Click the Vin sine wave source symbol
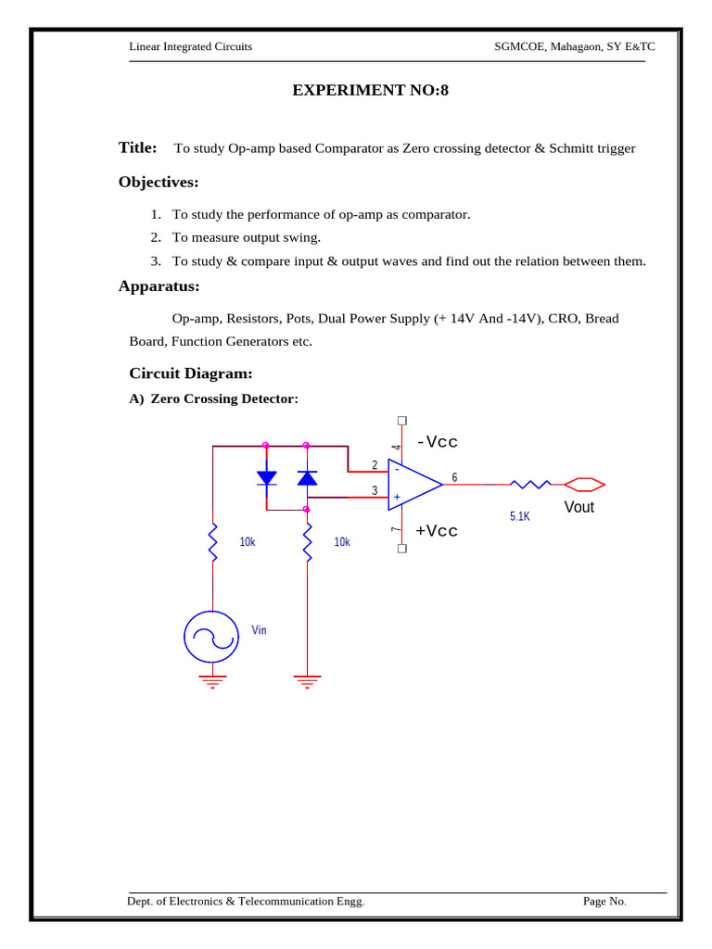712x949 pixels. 213,637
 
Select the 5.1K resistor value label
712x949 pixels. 519,516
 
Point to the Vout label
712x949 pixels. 579,508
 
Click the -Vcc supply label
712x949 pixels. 438,441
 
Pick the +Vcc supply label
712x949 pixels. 437,531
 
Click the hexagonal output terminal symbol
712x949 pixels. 585,484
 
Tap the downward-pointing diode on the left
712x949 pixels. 266,478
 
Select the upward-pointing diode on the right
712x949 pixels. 307,478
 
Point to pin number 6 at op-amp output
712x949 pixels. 454,477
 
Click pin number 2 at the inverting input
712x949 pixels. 375,464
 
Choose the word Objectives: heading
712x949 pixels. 159,182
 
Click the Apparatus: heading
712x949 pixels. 159,285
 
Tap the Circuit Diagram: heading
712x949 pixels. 190,373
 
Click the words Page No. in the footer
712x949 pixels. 604,901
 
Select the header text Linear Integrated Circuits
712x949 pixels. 190,46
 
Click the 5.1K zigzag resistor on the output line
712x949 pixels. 529,484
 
